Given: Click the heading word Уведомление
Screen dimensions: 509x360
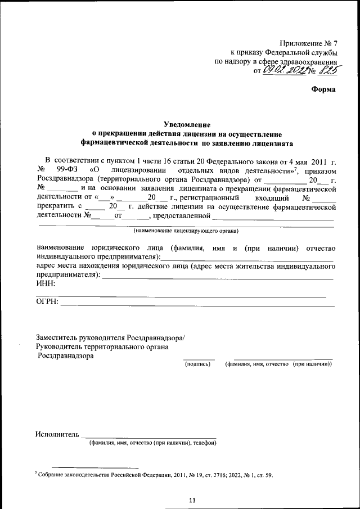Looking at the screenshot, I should coord(187,124).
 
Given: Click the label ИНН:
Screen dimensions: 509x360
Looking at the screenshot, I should coord(46,283).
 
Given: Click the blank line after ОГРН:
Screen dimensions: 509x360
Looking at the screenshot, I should coord(197,304).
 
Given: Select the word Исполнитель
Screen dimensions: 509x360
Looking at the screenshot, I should coord(57,434).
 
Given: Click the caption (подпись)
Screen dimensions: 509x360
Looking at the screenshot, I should coord(198,364).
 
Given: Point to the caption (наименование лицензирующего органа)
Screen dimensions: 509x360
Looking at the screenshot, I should coord(186,231).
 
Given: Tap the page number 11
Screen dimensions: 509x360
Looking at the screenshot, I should coord(192,499).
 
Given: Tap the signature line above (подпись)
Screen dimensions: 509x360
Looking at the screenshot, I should coord(199,359).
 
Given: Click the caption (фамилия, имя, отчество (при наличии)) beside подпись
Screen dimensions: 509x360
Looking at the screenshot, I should coord(278,364).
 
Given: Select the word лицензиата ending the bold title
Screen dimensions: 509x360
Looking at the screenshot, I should coord(273,143).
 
